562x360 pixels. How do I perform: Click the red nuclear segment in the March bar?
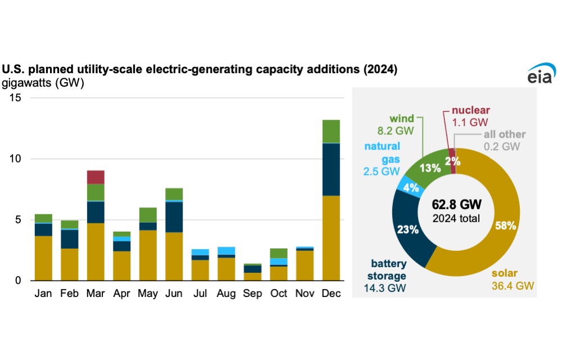click(96, 178)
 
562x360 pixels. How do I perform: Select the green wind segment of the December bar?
click(331, 132)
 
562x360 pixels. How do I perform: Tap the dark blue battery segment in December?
click(331, 170)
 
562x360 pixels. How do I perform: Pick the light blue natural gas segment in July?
click(201, 252)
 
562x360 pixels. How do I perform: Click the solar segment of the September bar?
click(253, 277)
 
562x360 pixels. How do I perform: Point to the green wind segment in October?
click(279, 254)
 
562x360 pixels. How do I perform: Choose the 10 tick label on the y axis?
click(15, 159)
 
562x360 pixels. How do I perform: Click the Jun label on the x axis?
click(174, 293)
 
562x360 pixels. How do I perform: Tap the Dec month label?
click(331, 293)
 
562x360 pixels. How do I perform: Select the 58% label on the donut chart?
click(505, 226)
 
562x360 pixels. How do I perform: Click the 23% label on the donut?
click(408, 229)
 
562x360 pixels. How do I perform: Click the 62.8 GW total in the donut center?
click(456, 204)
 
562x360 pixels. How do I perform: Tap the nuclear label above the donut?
click(470, 110)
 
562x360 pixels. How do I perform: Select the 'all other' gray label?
click(505, 134)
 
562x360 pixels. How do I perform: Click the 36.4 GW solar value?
click(513, 286)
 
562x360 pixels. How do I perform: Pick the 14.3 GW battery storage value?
click(385, 288)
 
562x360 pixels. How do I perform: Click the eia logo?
click(541, 74)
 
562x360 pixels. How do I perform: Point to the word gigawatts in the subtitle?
click(27, 83)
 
